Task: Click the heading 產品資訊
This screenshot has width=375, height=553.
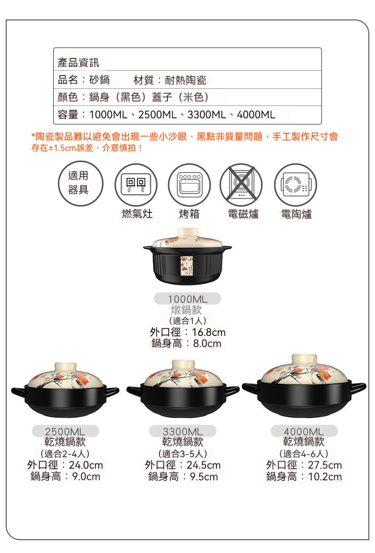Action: pos(78,63)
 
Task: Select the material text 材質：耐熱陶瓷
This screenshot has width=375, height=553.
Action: pos(170,80)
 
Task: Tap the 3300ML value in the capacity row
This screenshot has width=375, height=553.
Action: pos(207,114)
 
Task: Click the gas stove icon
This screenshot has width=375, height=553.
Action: pos(136,185)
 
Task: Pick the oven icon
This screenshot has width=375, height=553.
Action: pos(189,185)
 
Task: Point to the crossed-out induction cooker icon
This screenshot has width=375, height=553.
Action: pos(242,185)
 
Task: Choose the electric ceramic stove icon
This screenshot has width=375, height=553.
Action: pos(296,185)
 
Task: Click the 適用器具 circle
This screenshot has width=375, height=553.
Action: pos(81,183)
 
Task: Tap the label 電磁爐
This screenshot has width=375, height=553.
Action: pos(244,214)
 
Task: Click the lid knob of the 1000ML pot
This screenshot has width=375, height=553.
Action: pos(187,233)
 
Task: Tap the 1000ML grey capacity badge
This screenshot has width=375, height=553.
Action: pos(187,299)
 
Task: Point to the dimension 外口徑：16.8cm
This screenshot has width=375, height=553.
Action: pos(187,332)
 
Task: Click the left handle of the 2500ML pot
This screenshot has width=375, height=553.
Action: pos(19,391)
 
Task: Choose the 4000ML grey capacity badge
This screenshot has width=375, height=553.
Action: pos(304,431)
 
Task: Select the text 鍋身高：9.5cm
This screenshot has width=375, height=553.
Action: pos(183,477)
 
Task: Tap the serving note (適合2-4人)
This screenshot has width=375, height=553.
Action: pos(65,454)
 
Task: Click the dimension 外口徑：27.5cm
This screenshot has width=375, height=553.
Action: pos(304,465)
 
